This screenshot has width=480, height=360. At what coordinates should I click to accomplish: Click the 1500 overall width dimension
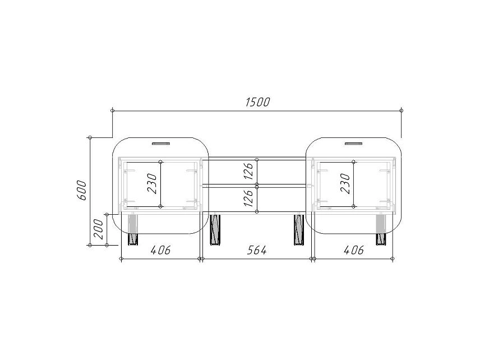[x=258, y=102]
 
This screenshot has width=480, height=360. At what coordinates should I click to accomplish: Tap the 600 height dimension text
[x=81, y=190]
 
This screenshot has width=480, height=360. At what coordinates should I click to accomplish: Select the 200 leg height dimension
[x=98, y=229]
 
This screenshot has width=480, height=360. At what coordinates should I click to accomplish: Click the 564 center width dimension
[x=256, y=251]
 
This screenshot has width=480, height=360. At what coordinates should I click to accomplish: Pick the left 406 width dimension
[x=160, y=251]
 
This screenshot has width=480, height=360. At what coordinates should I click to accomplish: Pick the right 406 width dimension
[x=354, y=251]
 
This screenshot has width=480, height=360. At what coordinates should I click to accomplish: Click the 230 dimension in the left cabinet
[x=152, y=183]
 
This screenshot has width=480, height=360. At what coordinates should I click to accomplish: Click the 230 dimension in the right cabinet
[x=345, y=183]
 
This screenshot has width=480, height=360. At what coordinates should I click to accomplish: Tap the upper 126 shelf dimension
[x=248, y=171]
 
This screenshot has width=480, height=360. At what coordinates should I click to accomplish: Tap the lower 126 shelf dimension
[x=248, y=198]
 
